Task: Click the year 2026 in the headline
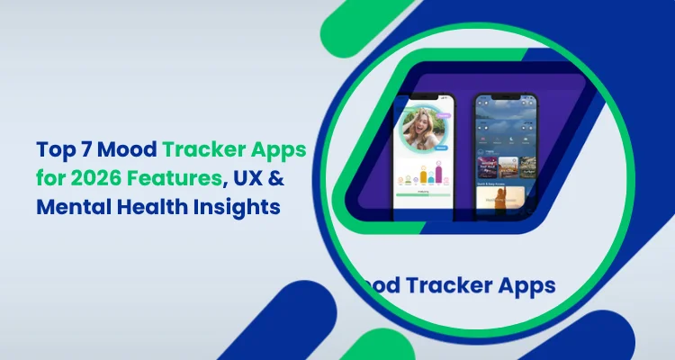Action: (x=93, y=175)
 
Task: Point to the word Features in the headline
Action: (x=160, y=175)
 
